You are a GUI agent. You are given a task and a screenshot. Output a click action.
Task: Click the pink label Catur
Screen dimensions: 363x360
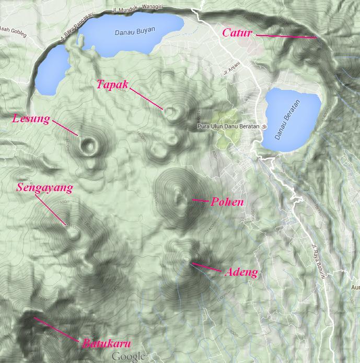pos(237,33)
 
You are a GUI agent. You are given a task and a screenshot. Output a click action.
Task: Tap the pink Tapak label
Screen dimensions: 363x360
pos(112,84)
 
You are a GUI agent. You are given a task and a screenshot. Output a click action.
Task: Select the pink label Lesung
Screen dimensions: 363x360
pos(31,119)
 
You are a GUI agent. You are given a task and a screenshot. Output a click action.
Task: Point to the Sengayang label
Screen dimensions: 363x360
pos(44,187)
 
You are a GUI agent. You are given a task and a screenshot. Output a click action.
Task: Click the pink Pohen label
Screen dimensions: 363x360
pos(227,202)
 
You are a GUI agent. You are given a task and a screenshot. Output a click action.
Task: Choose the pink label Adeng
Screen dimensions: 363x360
pos(241,272)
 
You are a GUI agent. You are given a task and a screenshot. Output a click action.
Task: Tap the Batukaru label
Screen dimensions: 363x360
pos(106,343)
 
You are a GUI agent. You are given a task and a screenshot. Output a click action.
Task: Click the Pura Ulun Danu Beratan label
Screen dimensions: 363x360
pos(228,126)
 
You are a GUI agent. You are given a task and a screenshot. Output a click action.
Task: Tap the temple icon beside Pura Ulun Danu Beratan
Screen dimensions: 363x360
pos(264,126)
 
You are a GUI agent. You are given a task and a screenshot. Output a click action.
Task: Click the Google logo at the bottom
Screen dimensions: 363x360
pos(127,356)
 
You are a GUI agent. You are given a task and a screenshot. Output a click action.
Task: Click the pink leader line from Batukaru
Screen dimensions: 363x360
pos(57,330)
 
